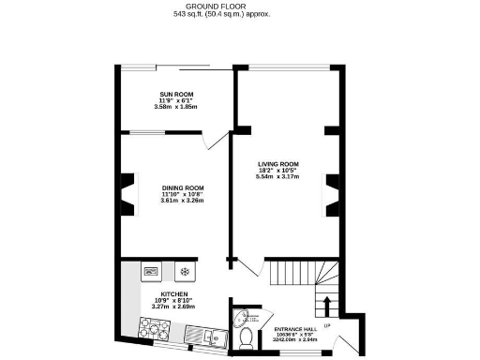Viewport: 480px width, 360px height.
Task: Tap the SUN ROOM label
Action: (176, 95)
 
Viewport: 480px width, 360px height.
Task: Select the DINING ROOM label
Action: (182, 187)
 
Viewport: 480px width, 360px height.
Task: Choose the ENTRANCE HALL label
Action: (294, 329)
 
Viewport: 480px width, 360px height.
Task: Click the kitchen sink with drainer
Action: (201, 333)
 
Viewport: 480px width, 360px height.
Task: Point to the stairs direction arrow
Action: (326, 306)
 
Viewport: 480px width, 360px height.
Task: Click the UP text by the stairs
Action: (326, 325)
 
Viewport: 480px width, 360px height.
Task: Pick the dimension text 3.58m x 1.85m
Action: (176, 107)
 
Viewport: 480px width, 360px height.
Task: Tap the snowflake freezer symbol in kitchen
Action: (184, 272)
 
